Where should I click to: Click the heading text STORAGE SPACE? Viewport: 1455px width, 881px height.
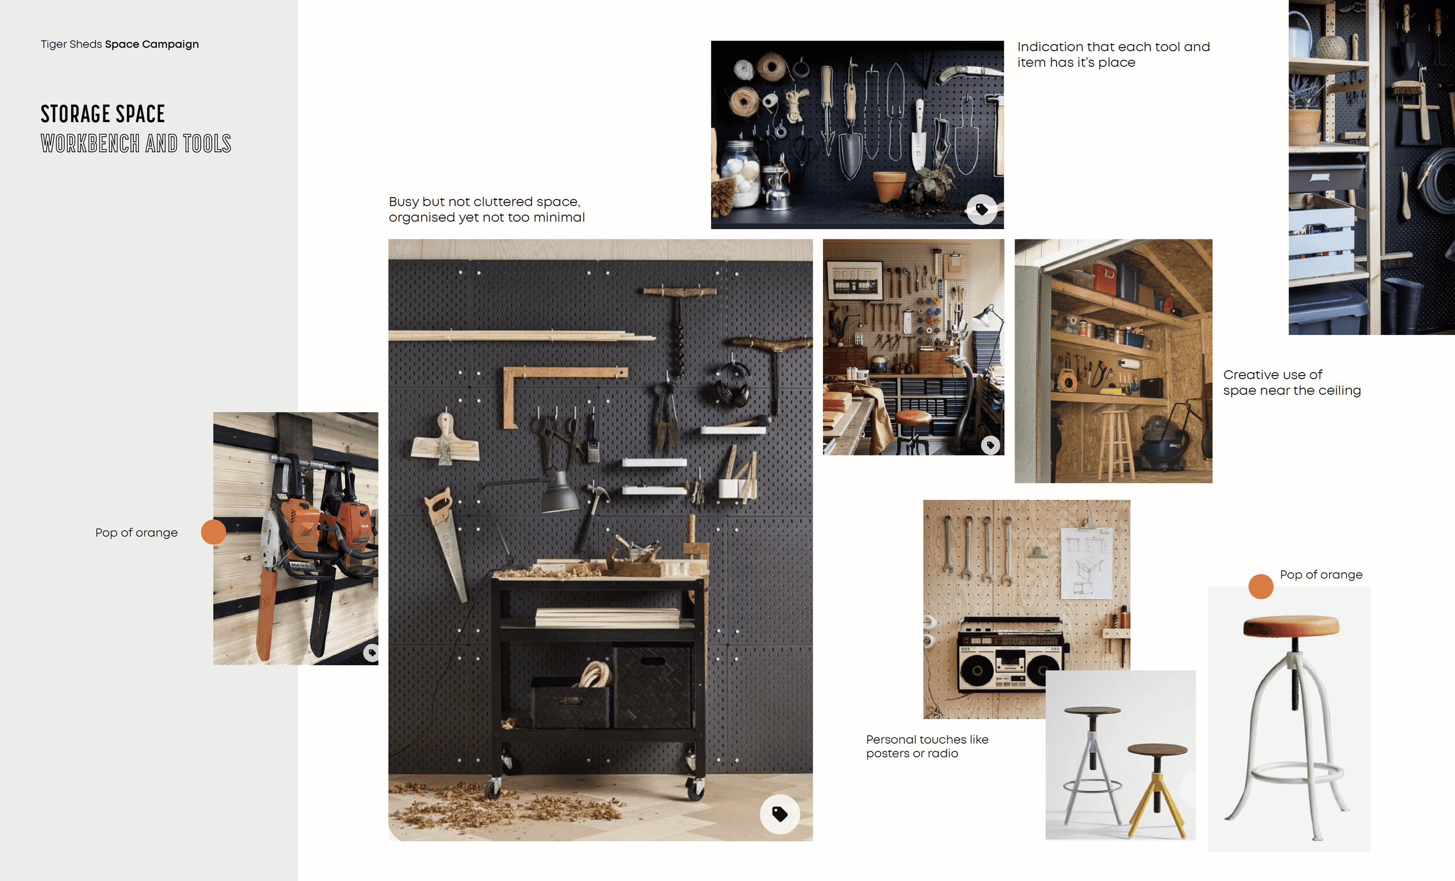(x=103, y=114)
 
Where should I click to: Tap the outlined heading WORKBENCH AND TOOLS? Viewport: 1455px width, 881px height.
(x=136, y=144)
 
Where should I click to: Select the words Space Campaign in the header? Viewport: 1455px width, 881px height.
(x=152, y=44)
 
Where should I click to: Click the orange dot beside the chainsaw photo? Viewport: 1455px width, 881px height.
(x=213, y=532)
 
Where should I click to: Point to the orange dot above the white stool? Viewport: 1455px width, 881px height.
(x=1261, y=587)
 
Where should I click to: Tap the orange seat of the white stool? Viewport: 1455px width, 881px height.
(x=1291, y=626)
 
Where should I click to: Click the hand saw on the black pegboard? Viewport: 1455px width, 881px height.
(x=446, y=543)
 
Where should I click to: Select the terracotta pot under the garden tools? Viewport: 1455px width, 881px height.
(x=889, y=186)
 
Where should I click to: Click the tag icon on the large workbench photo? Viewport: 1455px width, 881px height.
(x=779, y=814)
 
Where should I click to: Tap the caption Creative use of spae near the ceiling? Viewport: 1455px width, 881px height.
(x=1291, y=383)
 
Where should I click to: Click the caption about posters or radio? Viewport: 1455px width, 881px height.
(x=927, y=746)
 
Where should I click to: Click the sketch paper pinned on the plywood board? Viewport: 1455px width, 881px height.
(x=1087, y=563)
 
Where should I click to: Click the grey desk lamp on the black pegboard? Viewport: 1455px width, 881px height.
(x=559, y=491)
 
